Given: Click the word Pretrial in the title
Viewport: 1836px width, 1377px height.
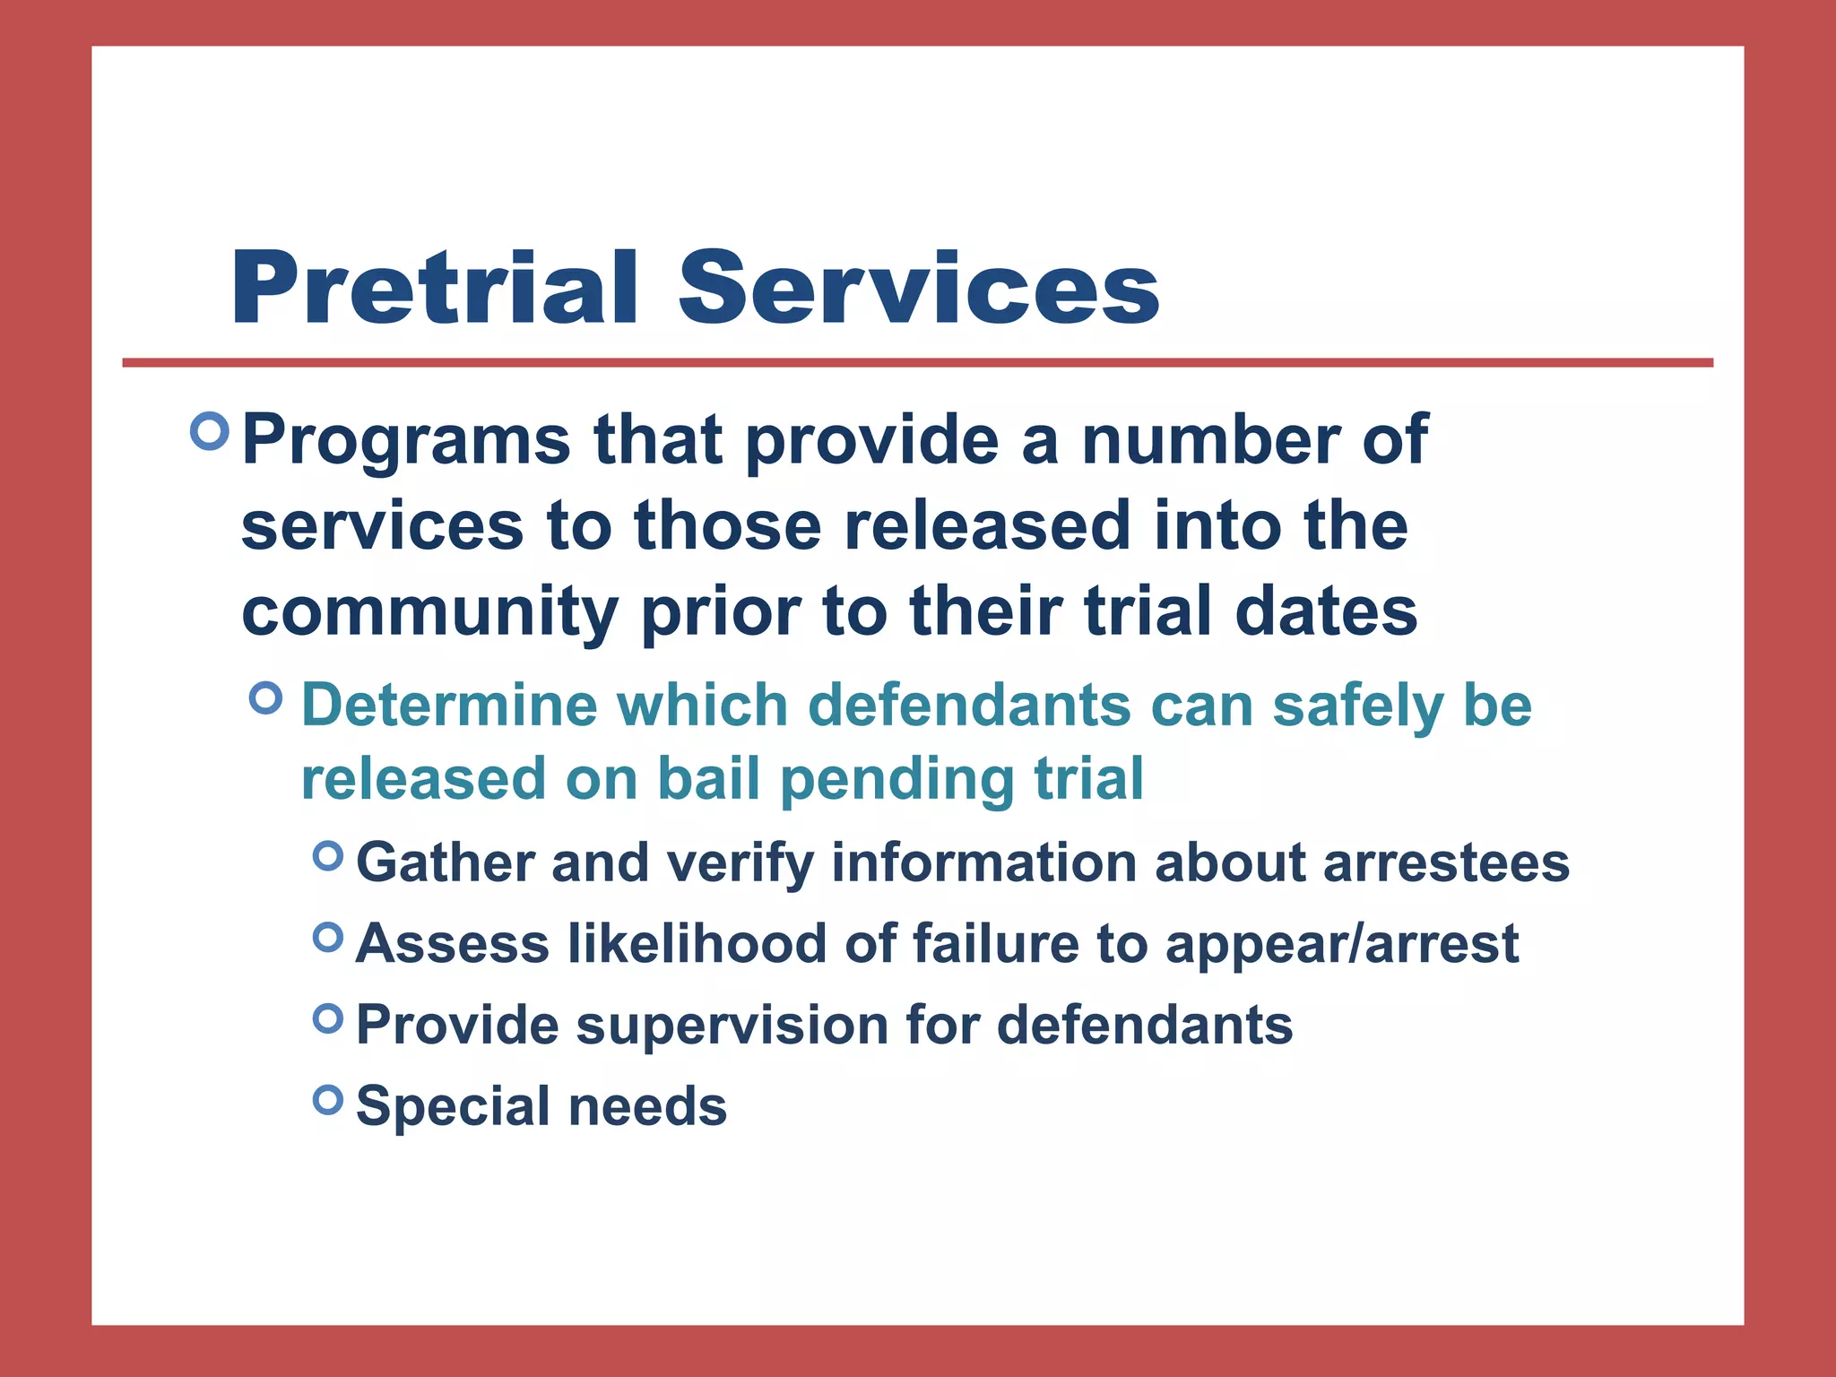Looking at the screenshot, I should pos(435,289).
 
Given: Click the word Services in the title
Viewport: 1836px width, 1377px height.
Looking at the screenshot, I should pos(918,289).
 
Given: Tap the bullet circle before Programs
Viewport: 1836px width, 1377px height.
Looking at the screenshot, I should pos(211,432).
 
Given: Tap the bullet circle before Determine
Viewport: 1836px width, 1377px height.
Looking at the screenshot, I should pos(266,697).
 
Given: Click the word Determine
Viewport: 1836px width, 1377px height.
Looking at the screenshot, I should pos(449,705).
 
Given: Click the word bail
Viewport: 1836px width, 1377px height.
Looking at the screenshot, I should pos(709,778).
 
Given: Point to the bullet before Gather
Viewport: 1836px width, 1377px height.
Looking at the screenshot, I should pos(329,856).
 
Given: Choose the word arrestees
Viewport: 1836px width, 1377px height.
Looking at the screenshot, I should pos(1446,862).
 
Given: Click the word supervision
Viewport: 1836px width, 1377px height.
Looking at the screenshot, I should pos(731,1026).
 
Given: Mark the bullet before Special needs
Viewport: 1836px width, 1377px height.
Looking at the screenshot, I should pos(329,1099).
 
